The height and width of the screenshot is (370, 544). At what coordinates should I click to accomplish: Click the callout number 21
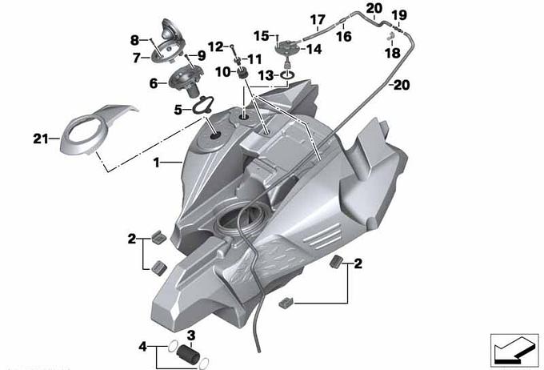tap(40, 139)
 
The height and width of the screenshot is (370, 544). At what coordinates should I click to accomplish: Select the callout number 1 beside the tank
tap(157, 163)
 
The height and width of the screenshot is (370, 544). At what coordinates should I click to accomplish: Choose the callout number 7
tap(136, 58)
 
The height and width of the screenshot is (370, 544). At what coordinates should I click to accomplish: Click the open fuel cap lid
tap(170, 33)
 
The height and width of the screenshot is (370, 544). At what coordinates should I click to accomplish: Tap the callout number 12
tap(215, 46)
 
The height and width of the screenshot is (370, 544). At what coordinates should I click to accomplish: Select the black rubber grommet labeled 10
tap(242, 74)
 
